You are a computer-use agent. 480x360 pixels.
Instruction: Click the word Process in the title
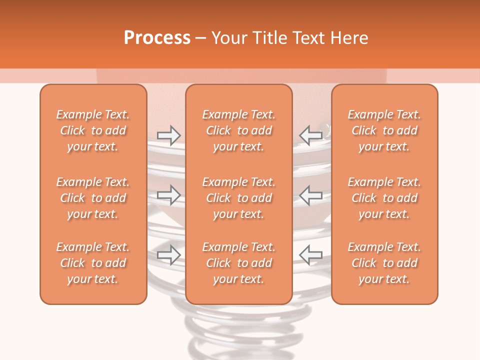[x=157, y=38]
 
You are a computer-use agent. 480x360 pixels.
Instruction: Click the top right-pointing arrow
[x=168, y=135]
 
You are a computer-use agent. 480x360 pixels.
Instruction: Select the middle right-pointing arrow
[x=168, y=194]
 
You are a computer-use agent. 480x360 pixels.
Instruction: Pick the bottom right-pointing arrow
[x=168, y=254]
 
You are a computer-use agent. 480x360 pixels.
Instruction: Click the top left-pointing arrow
[x=311, y=135]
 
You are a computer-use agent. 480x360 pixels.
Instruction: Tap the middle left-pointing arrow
[x=311, y=194]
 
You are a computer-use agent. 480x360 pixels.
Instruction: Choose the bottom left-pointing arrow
[x=311, y=254]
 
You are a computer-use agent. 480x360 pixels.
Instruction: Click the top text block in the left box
[x=93, y=130]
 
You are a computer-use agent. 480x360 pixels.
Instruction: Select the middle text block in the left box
[x=93, y=198]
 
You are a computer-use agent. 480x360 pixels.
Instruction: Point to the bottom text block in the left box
[x=93, y=263]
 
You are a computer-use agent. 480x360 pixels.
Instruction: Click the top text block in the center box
[x=238, y=130]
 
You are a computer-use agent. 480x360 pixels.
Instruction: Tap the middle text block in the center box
[x=238, y=198]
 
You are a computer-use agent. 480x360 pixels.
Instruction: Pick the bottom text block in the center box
[x=238, y=263]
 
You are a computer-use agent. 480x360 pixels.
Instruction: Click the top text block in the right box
[x=384, y=130]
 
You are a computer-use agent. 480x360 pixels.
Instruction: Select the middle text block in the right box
[x=384, y=198]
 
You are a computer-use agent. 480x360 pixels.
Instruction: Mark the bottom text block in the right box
[x=384, y=263]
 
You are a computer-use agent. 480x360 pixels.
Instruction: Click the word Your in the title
[x=228, y=38]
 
